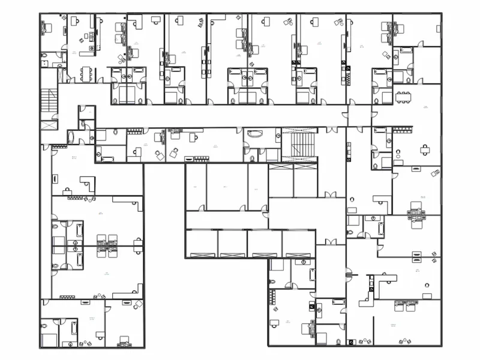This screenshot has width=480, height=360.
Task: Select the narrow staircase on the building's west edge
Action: coord(47,100)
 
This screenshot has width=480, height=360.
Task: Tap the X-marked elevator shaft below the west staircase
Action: coord(48,126)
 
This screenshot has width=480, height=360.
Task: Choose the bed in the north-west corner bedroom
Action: coord(47,28)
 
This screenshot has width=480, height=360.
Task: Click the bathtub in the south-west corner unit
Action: coord(73,329)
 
